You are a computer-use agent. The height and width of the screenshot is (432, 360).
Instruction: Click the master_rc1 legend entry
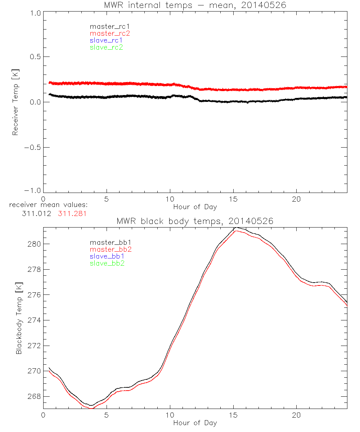(106, 26)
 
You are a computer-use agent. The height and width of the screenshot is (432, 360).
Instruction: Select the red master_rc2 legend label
(110, 33)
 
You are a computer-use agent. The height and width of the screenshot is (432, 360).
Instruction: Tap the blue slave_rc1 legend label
(106, 40)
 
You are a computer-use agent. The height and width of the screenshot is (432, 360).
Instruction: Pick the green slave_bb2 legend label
(107, 264)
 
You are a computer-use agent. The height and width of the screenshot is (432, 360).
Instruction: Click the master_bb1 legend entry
(107, 243)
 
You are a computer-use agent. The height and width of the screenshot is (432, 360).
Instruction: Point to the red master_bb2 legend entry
(111, 249)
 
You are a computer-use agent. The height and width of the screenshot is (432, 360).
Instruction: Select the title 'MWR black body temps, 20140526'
(195, 221)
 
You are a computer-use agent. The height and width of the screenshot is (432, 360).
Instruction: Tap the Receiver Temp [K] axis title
(15, 102)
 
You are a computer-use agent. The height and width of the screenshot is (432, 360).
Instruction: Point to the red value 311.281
(72, 213)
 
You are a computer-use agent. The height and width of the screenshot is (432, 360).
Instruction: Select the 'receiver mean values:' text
(49, 205)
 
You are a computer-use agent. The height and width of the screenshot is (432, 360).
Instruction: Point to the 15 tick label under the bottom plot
(233, 415)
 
